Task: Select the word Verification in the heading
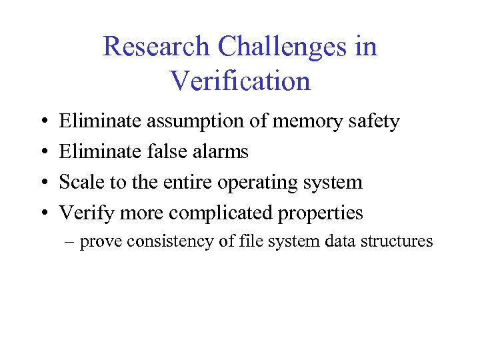pos(240,81)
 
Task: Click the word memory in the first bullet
pos(304,122)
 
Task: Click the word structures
pos(397,241)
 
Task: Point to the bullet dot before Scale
pos(43,183)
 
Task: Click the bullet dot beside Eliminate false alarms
pos(43,153)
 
